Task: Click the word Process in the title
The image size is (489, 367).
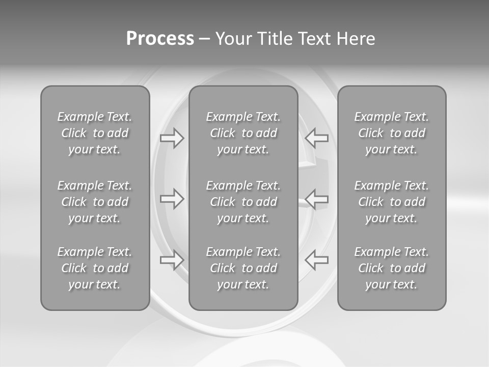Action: pos(160,39)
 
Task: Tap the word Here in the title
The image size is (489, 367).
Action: pos(356,39)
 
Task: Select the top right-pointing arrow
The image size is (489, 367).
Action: pos(172,138)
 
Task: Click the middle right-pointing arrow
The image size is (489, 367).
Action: pos(172,198)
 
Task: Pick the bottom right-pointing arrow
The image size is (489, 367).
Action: pos(172,259)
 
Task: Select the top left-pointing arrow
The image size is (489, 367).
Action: pos(316,138)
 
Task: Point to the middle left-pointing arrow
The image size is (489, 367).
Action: pos(316,198)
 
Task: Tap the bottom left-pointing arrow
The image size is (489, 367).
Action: pos(316,259)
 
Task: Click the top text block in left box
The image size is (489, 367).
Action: pos(95,133)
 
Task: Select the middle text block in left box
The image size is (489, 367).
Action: pos(95,202)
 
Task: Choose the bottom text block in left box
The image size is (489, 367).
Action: pos(95,268)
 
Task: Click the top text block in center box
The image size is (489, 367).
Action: pos(243,133)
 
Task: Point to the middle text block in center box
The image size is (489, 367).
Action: pos(243,202)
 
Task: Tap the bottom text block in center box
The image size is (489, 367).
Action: pos(243,268)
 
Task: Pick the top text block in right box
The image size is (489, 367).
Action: pos(391,133)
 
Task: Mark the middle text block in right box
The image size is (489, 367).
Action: pos(391,202)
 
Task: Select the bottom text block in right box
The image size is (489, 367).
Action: pos(391,268)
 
